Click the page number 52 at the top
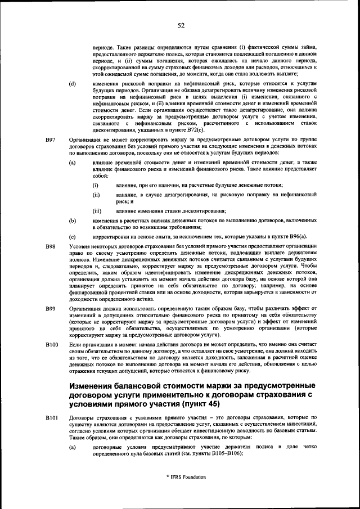click(181, 25)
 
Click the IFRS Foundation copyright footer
click(181, 477)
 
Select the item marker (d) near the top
click(72, 84)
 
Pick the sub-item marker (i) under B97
click(96, 185)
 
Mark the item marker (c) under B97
click(72, 237)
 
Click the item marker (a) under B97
click(72, 162)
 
